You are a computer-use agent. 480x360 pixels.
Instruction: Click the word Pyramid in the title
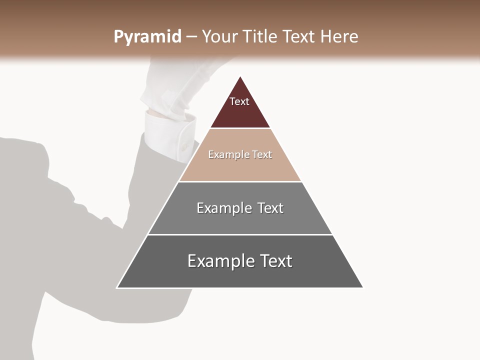tap(147, 37)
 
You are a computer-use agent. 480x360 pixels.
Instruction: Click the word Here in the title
tap(339, 37)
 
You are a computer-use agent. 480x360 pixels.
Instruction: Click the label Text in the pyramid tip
tap(239, 101)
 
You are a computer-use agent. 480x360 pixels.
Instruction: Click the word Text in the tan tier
tap(262, 155)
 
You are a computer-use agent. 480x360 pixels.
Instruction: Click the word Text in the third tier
tap(270, 208)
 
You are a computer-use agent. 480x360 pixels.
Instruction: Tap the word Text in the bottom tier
tap(275, 261)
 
